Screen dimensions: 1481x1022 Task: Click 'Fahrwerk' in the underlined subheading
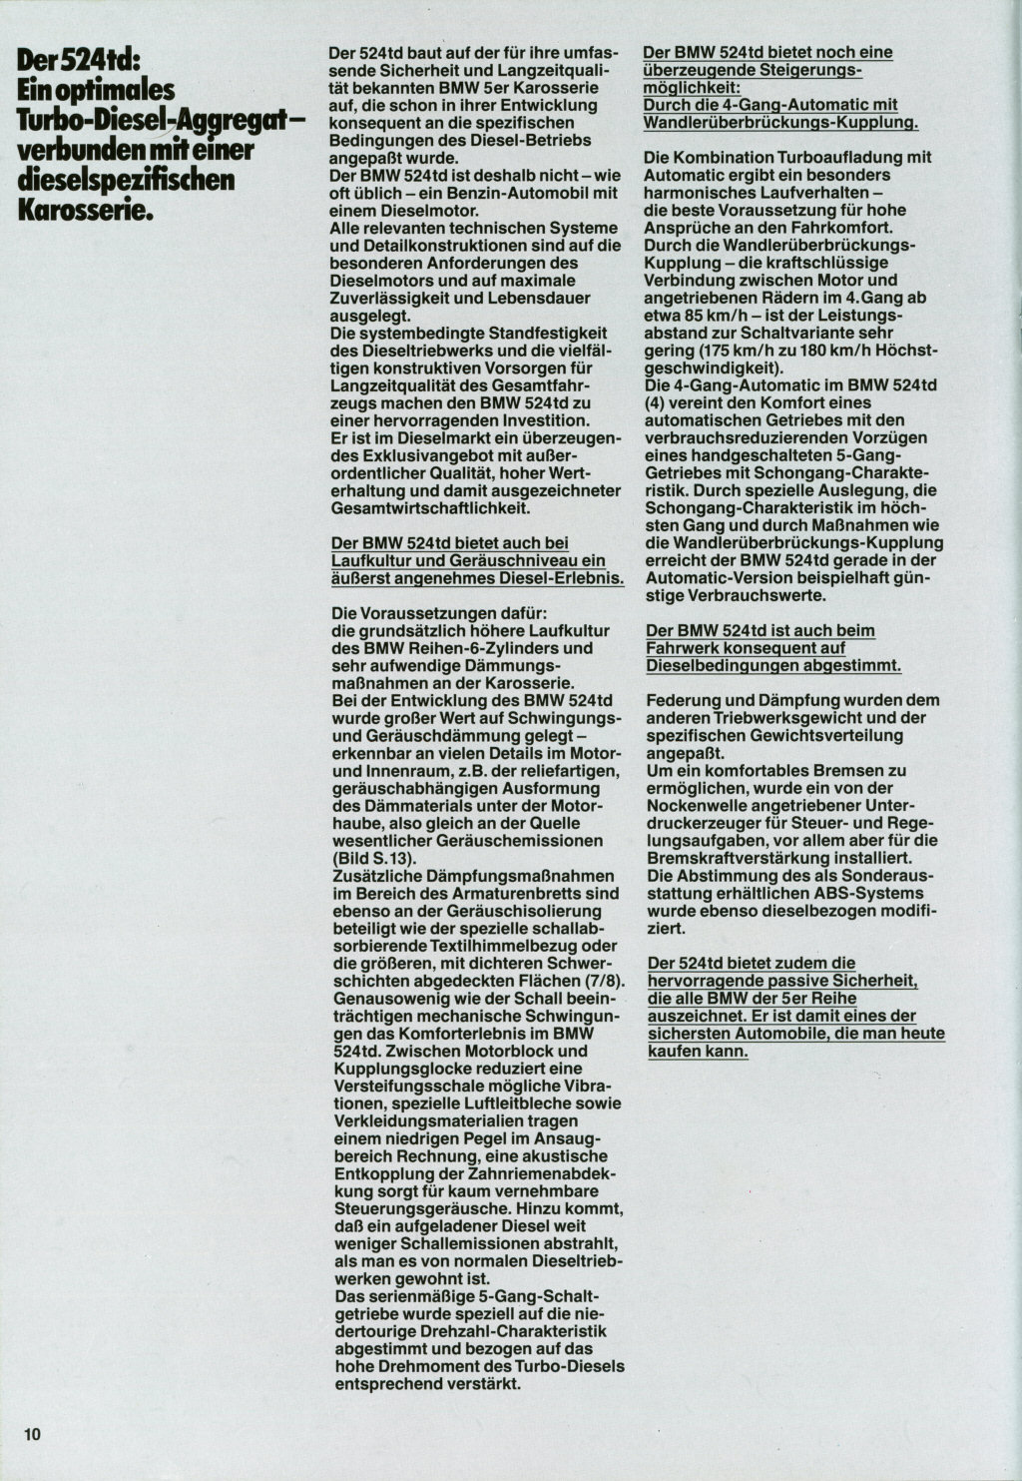[681, 647]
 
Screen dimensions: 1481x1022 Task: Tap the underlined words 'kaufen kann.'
[698, 1052]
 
